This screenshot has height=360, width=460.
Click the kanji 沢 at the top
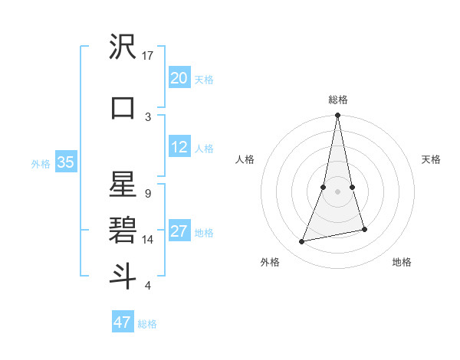click(123, 47)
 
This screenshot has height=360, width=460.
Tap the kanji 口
click(123, 107)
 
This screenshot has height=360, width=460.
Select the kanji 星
click(123, 186)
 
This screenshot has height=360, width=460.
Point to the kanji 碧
click(123, 229)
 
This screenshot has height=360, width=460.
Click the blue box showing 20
click(179, 78)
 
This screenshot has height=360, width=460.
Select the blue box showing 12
click(179, 148)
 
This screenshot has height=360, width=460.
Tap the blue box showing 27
click(179, 232)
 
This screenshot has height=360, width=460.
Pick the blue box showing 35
click(66, 162)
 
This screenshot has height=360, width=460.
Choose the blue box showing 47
click(123, 322)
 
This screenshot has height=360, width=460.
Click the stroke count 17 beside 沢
click(148, 56)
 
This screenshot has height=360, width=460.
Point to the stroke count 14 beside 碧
click(148, 240)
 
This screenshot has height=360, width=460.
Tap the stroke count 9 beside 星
click(147, 194)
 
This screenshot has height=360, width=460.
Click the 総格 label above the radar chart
click(338, 100)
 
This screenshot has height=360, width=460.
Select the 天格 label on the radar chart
click(431, 159)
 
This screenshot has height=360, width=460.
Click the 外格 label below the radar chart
click(270, 262)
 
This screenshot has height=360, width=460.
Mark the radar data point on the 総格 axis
click(337, 116)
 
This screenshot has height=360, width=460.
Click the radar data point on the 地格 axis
click(364, 230)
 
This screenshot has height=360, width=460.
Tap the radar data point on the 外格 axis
click(302, 242)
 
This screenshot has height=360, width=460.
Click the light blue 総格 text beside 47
click(147, 324)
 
